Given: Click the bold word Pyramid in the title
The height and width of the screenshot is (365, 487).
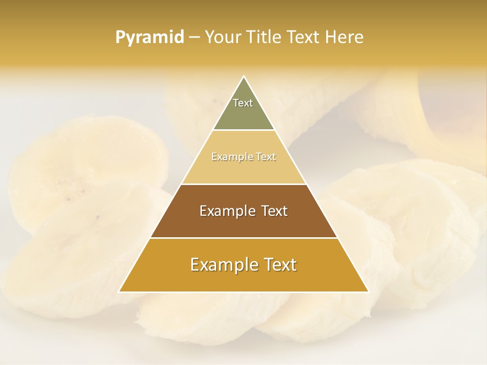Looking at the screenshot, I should (x=150, y=38).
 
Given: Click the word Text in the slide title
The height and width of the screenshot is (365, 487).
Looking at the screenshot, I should (x=303, y=38).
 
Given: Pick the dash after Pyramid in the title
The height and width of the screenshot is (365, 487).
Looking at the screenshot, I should (x=194, y=38).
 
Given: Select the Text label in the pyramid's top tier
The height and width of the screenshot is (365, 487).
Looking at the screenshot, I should (x=243, y=103).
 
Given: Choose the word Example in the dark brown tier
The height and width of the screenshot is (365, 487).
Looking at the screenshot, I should (x=226, y=211).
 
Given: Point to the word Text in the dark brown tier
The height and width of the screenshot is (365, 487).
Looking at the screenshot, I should (x=273, y=211).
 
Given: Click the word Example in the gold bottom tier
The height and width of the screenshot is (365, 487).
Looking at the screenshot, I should (x=221, y=265).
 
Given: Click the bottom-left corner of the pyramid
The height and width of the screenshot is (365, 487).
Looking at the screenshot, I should (x=119, y=292).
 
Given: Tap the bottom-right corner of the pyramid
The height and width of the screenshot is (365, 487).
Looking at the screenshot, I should (x=368, y=292).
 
